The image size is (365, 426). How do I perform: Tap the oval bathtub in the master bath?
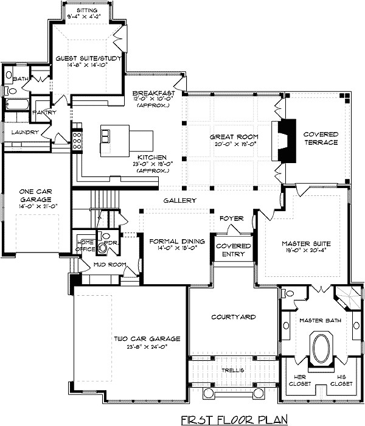(x=320, y=348)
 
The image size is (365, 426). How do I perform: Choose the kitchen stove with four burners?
(x=77, y=141)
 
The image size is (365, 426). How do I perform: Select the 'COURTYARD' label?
(x=233, y=317)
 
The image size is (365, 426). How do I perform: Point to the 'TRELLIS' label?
(x=232, y=370)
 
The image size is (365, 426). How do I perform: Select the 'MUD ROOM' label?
(x=108, y=265)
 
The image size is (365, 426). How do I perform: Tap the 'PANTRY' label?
(x=43, y=113)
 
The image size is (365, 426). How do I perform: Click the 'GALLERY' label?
(x=179, y=200)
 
